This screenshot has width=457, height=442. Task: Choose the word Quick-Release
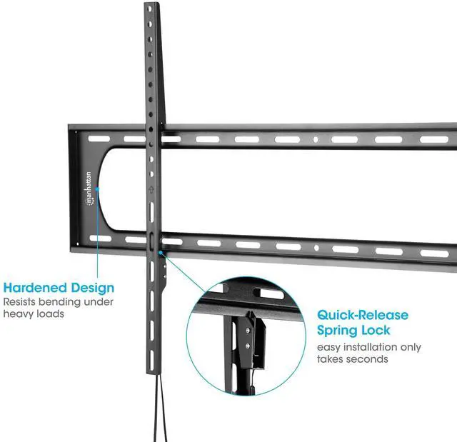363,315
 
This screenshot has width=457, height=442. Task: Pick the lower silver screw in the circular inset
248,346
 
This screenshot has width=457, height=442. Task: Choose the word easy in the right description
329,347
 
